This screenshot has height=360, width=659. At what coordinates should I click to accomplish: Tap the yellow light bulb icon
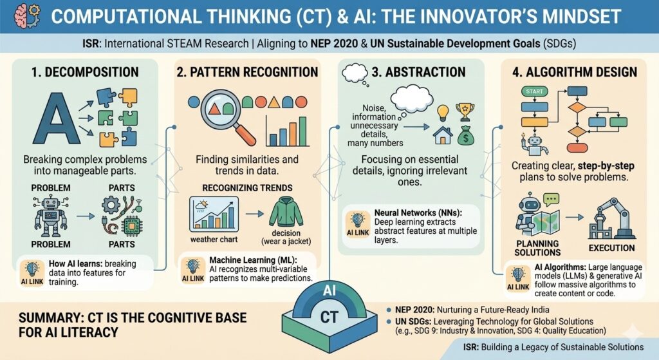pyautogui.click(x=443, y=112)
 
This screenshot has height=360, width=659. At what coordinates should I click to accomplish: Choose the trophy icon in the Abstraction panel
pyautogui.click(x=465, y=111)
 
